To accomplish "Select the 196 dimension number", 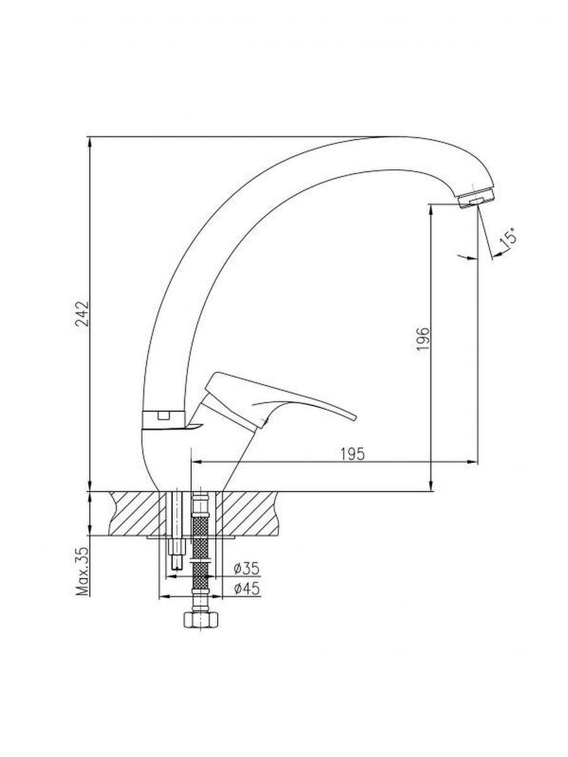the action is click(423, 339).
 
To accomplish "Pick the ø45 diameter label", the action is click(247, 589).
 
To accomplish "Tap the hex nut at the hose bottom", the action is click(200, 620).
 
